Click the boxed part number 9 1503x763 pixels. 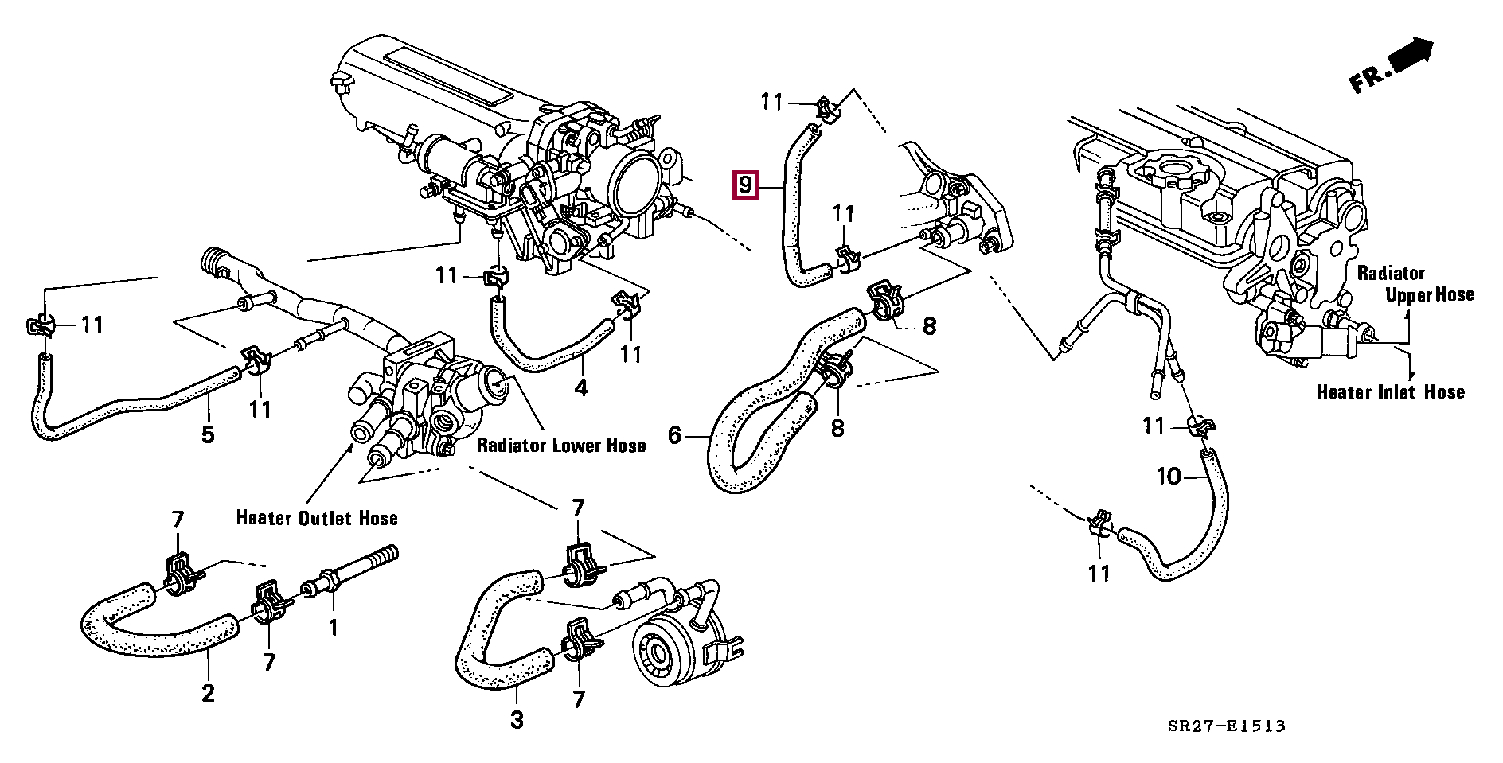click(x=744, y=185)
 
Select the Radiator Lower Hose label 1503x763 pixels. click(x=560, y=445)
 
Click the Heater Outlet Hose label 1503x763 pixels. click(x=317, y=518)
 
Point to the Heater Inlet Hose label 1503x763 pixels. click(x=1390, y=392)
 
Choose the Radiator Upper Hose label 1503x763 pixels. click(x=1415, y=284)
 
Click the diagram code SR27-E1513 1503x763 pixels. click(x=1227, y=726)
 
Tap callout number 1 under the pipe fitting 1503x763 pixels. click(x=334, y=628)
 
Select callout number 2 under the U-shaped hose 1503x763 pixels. click(x=208, y=693)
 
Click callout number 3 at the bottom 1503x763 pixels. click(x=517, y=720)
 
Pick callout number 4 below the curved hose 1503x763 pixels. click(x=581, y=388)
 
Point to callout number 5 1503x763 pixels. click(x=208, y=435)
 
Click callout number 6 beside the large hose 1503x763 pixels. click(x=675, y=435)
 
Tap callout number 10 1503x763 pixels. click(x=1169, y=477)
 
